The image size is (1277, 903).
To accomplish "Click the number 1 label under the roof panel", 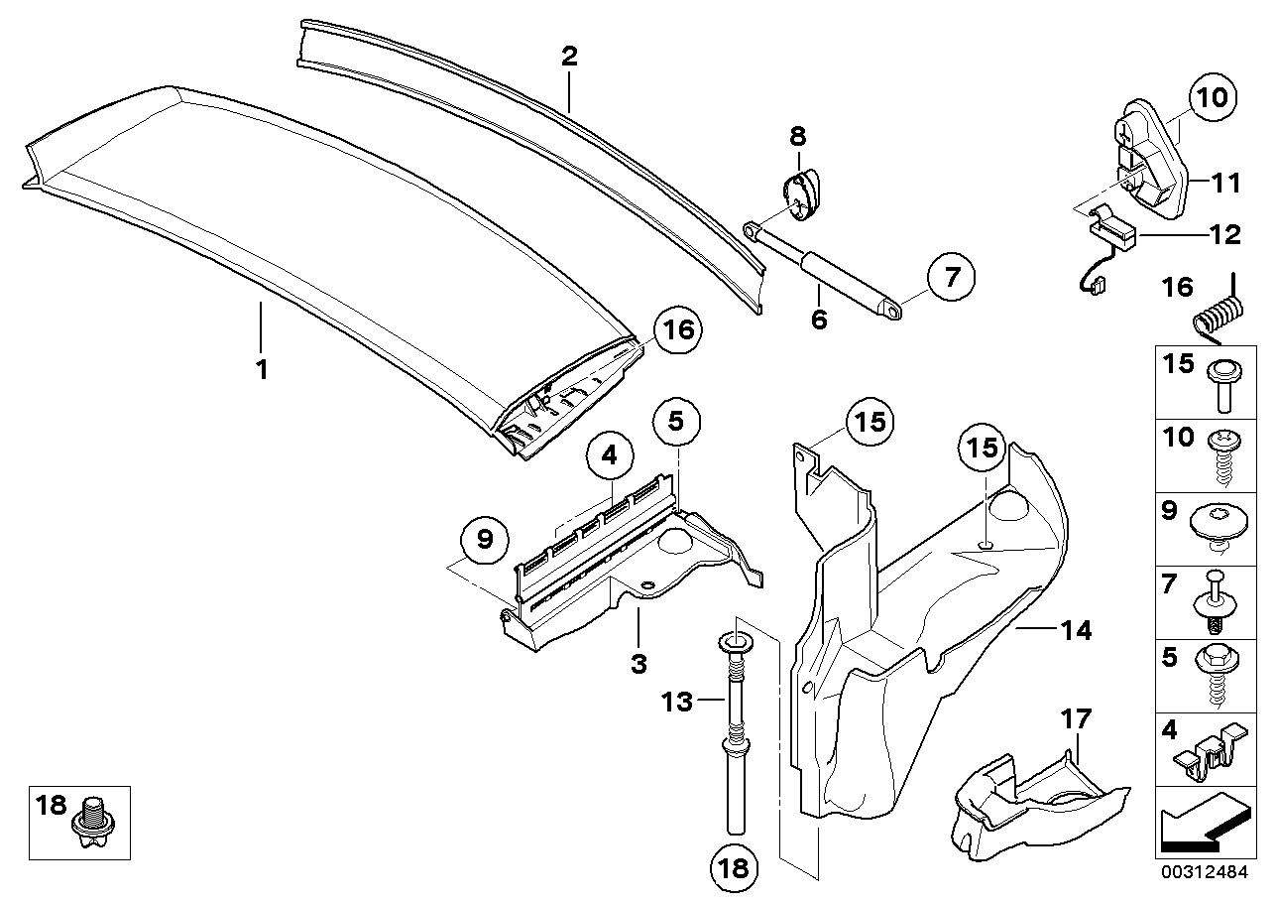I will click(x=261, y=370).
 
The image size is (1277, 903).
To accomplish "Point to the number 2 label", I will click(x=568, y=57).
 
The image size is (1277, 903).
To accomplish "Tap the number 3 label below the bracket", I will click(x=640, y=661).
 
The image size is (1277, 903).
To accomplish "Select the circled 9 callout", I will click(x=485, y=539).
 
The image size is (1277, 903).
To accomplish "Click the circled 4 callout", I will click(x=609, y=457).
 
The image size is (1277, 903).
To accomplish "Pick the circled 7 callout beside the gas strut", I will click(x=951, y=279).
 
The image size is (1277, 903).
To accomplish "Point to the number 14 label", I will click(x=1076, y=629).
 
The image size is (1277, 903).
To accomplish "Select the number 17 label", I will click(x=1076, y=717).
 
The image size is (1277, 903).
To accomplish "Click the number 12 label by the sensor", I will click(x=1225, y=235).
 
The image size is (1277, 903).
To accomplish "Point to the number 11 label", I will click(x=1225, y=183).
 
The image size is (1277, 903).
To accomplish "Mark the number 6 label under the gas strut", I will click(x=818, y=321).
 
